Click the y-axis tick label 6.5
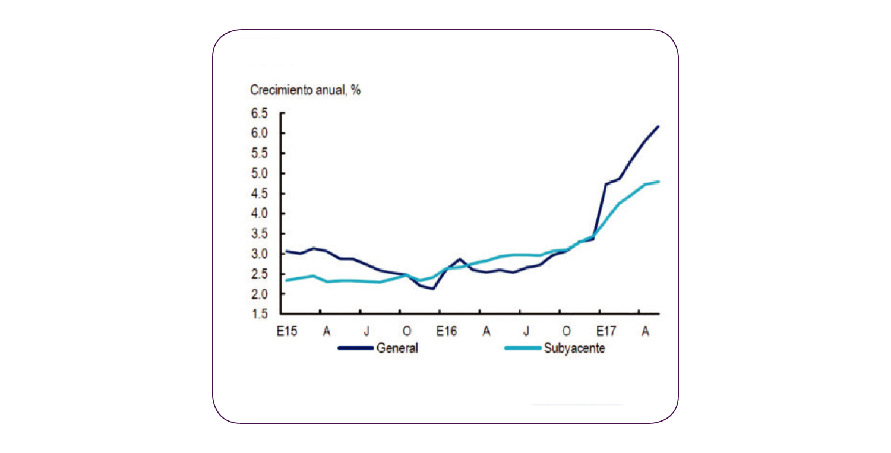coord(261,113)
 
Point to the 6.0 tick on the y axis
coord(261,133)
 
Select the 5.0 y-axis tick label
coord(261,173)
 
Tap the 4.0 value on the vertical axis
coord(261,214)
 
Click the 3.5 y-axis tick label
coord(261,234)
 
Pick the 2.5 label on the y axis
coord(261,274)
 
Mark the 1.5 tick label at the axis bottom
coord(261,314)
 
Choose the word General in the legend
coord(397,349)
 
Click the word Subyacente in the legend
coord(574,349)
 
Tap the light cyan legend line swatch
coord(522,349)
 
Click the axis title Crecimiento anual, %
coord(305,90)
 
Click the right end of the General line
coord(659,126)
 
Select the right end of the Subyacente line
coord(659,182)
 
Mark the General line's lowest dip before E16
coord(433,289)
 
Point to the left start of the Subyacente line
coord(286,280)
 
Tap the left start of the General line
coord(286,251)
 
